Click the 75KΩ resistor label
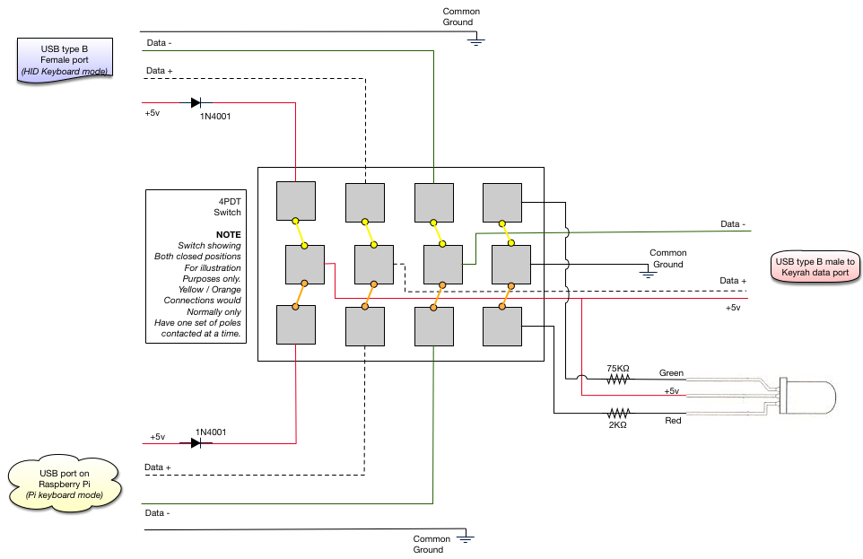(618, 368)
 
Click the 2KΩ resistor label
(617, 424)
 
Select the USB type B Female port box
(64, 60)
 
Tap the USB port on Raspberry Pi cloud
(64, 483)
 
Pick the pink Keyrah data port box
(815, 266)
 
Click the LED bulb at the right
(807, 395)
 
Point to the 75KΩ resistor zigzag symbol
(618, 380)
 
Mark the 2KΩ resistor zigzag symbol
(618, 413)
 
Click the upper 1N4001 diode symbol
(196, 102)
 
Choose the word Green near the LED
(671, 372)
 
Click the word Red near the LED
(674, 420)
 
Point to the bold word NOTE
(228, 233)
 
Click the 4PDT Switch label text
(226, 206)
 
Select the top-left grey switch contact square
(295, 200)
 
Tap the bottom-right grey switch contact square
(501, 326)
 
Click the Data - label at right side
(734, 223)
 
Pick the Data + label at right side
(734, 281)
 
